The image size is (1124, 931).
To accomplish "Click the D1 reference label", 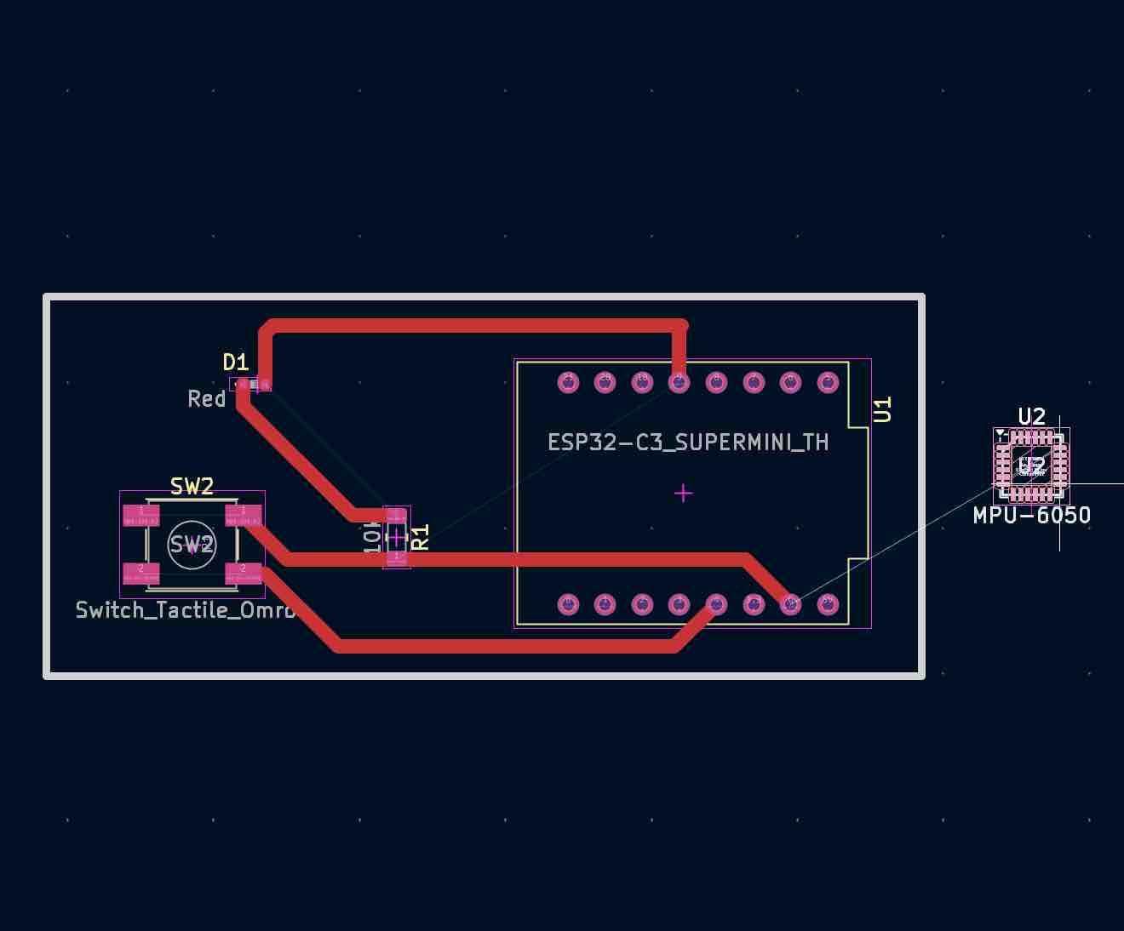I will click(235, 363).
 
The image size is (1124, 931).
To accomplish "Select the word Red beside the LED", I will click(207, 399).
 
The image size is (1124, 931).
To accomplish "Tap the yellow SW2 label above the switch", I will click(192, 487).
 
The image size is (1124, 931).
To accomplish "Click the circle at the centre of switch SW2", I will click(192, 544).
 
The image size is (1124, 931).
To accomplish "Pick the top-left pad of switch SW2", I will click(141, 515).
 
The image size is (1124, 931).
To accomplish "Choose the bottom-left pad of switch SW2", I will click(141, 573).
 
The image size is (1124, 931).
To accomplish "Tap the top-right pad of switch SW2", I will click(243, 515).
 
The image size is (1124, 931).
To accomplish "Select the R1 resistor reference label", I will click(421, 537).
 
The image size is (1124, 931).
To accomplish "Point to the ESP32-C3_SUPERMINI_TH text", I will click(688, 443).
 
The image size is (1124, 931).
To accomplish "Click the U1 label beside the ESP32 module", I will click(883, 409).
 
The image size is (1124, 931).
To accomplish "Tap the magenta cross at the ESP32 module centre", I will click(683, 493).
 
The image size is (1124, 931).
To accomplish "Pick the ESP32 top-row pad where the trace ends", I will click(679, 382).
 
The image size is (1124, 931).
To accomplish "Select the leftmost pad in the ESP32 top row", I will click(568, 382).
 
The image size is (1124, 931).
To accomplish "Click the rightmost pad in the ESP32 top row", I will click(828, 382).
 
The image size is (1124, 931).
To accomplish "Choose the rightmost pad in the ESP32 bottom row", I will click(828, 604).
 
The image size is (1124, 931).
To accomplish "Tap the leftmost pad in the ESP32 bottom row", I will click(568, 604).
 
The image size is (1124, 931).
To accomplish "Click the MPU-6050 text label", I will click(1032, 515).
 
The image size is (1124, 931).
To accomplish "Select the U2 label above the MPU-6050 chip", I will click(1032, 416).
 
